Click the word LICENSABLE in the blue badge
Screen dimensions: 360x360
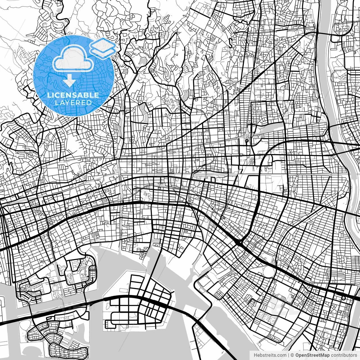pyautogui.click(x=73, y=95)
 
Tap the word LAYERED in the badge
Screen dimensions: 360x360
pyautogui.click(x=73, y=103)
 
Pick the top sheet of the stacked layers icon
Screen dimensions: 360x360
pyautogui.click(x=103, y=44)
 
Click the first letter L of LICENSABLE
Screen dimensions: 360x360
pyautogui.click(x=49, y=95)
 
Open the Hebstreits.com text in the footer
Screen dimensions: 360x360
pyautogui.click(x=270, y=355)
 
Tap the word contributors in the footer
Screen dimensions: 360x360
pyautogui.click(x=341, y=355)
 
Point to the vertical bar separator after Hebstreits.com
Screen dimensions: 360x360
pyautogui.click(x=289, y=355)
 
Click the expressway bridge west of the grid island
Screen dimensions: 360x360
pyautogui.click(x=94, y=301)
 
